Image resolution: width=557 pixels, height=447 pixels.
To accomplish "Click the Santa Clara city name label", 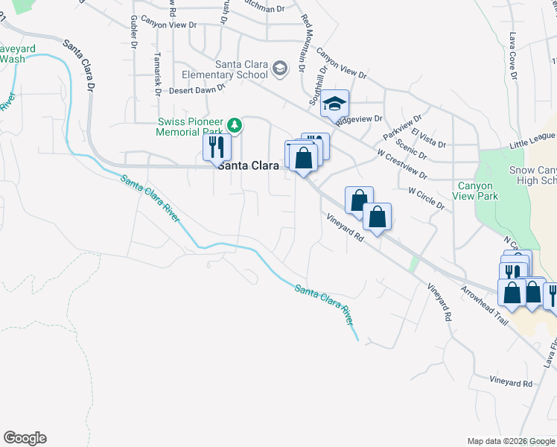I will coord(249,167).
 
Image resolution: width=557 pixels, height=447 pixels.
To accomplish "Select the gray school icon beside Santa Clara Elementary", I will coord(280,69).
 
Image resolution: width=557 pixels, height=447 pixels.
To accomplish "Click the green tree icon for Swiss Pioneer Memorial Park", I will coord(235,124).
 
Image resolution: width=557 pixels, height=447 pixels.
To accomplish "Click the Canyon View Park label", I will coord(475,191).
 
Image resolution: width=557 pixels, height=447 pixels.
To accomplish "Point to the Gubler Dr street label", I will coord(134,34).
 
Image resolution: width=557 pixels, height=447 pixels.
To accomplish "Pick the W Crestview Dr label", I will coord(402,165).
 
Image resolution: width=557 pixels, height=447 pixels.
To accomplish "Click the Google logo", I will coord(25,438).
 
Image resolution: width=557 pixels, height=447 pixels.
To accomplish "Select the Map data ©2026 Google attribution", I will coord(511,441).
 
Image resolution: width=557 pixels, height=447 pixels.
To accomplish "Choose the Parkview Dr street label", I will coord(402,127).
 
